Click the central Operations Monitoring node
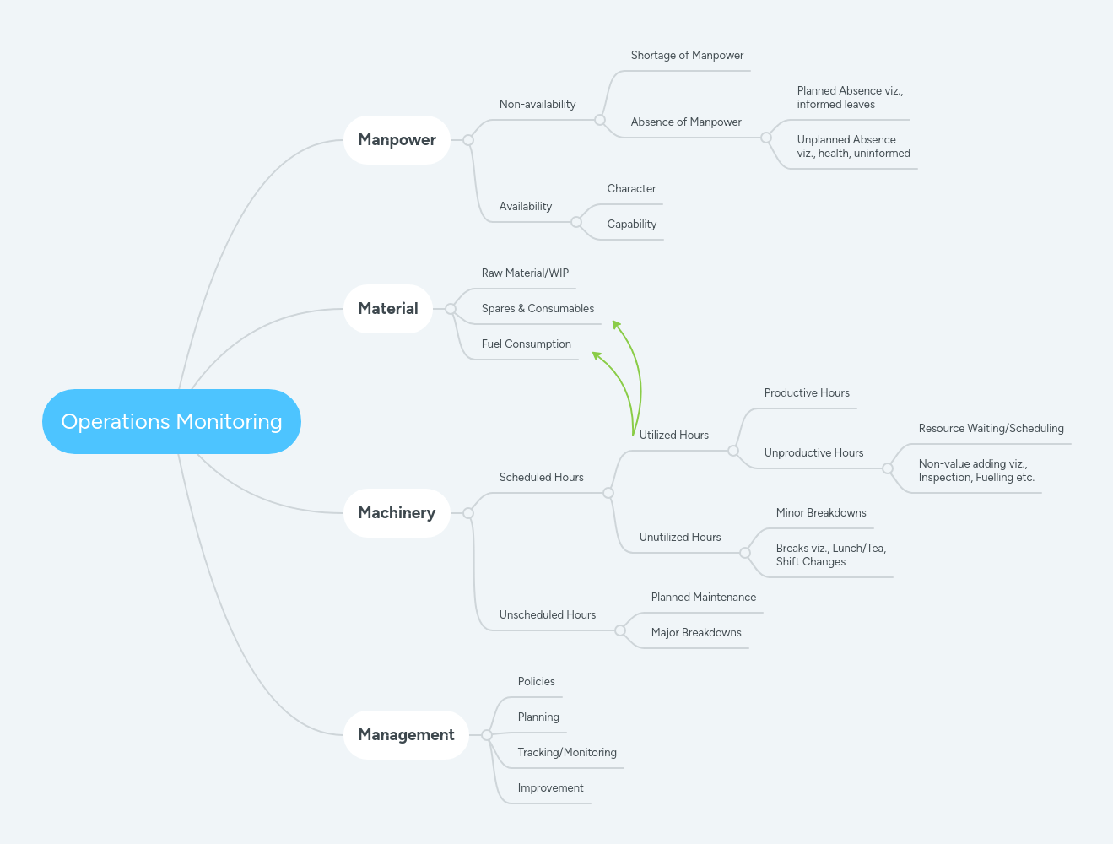171,421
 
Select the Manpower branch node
397,140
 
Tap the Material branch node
388,309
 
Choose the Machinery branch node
397,513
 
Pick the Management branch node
406,735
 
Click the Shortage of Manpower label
687,56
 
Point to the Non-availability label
538,105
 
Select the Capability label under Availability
631,225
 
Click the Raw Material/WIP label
525,273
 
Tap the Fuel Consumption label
526,344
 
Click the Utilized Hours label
673,436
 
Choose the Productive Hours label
807,393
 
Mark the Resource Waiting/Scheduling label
991,429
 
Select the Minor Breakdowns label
821,513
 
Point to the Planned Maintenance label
703,598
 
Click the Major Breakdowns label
696,633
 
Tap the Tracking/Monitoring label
567,753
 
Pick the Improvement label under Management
550,788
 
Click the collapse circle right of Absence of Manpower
766,138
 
